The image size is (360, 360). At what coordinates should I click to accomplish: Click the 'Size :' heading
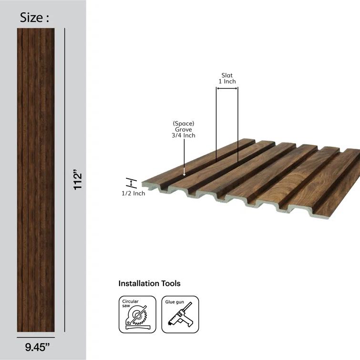[x=34, y=18]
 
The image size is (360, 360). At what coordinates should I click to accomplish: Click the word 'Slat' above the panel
[x=227, y=75]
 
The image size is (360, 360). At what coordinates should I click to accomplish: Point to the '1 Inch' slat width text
[x=227, y=82]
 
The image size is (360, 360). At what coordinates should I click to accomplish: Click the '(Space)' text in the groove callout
[x=184, y=123]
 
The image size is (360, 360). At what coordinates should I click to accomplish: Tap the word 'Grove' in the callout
[x=184, y=129]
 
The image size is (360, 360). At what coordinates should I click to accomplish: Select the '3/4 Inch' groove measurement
[x=184, y=135]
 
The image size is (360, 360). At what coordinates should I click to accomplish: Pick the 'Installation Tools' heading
[x=149, y=284]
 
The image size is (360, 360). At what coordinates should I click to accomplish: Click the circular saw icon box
[x=137, y=315]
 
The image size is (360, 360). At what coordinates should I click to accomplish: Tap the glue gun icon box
[x=180, y=315]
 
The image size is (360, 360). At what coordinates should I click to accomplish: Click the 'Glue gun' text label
[x=175, y=302]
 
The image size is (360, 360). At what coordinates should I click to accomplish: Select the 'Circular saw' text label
[x=130, y=304]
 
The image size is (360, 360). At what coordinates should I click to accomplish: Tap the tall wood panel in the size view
[x=36, y=180]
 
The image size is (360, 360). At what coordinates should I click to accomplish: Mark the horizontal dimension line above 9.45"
[x=36, y=336]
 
